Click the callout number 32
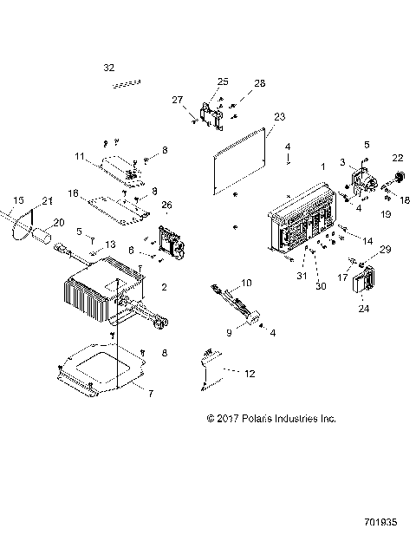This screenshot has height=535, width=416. coord(108,67)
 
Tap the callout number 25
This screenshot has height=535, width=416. coord(223,81)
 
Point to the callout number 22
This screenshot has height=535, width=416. coord(398,157)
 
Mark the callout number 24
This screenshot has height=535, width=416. coord(362,307)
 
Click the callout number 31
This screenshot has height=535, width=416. coord(302,276)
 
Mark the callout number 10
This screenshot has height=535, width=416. coord(245,284)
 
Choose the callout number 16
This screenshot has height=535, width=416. coord(74,192)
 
